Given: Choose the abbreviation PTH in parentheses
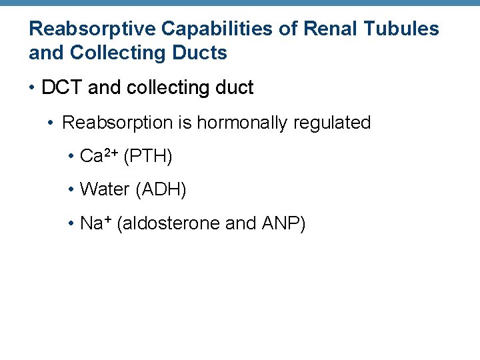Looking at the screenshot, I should coord(148,157).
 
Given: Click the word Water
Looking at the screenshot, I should coord(105,190).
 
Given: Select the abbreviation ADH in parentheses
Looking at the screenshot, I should coord(161,190).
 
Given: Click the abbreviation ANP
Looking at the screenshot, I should coord(280,223).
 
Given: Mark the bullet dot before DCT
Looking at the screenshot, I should coord(33,88).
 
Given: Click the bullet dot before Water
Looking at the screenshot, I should coord(71,190).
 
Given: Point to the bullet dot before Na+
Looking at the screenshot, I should coord(71,223).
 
